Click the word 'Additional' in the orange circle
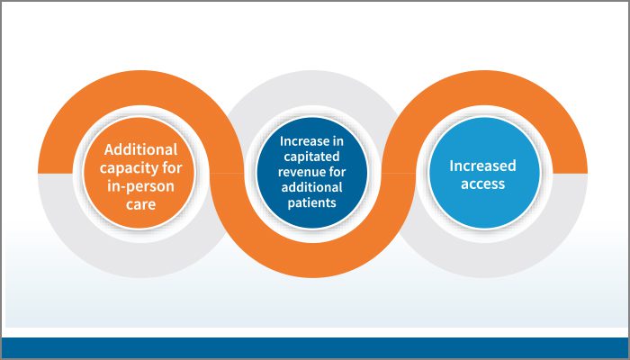coord(140,149)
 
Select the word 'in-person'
coord(140,187)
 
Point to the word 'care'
coord(140,204)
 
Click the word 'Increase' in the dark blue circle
coord(302,141)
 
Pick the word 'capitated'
coord(311,157)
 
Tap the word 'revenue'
coord(299,172)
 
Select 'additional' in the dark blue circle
coord(311,187)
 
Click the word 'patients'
coord(311,202)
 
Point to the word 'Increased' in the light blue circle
coord(482,166)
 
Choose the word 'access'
coord(482,184)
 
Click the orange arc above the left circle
coord(140,87)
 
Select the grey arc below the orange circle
coord(140,260)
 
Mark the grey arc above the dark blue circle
coord(312,87)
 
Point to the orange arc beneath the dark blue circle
coord(312,260)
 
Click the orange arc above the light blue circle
coord(484,87)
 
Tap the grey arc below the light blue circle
coord(484,260)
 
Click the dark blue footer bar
coord(315,347)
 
